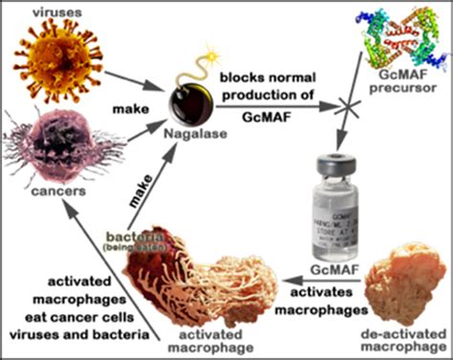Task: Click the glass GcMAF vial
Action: [x=344, y=208]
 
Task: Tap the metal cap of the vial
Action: [x=344, y=165]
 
